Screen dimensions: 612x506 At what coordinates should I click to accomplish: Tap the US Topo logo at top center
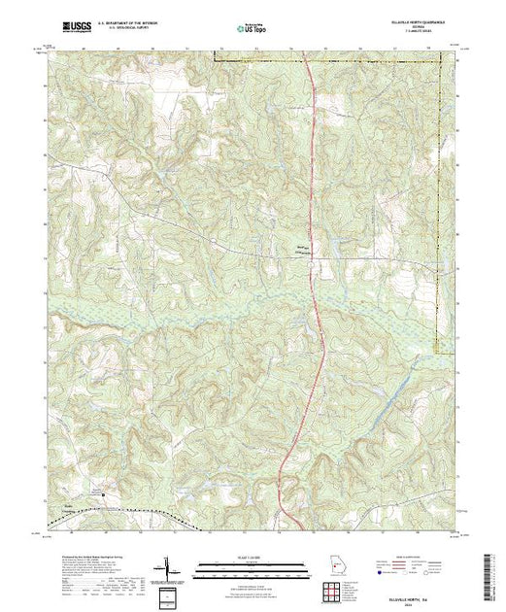(252, 29)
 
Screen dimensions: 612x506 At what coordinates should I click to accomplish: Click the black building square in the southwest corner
(106, 493)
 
